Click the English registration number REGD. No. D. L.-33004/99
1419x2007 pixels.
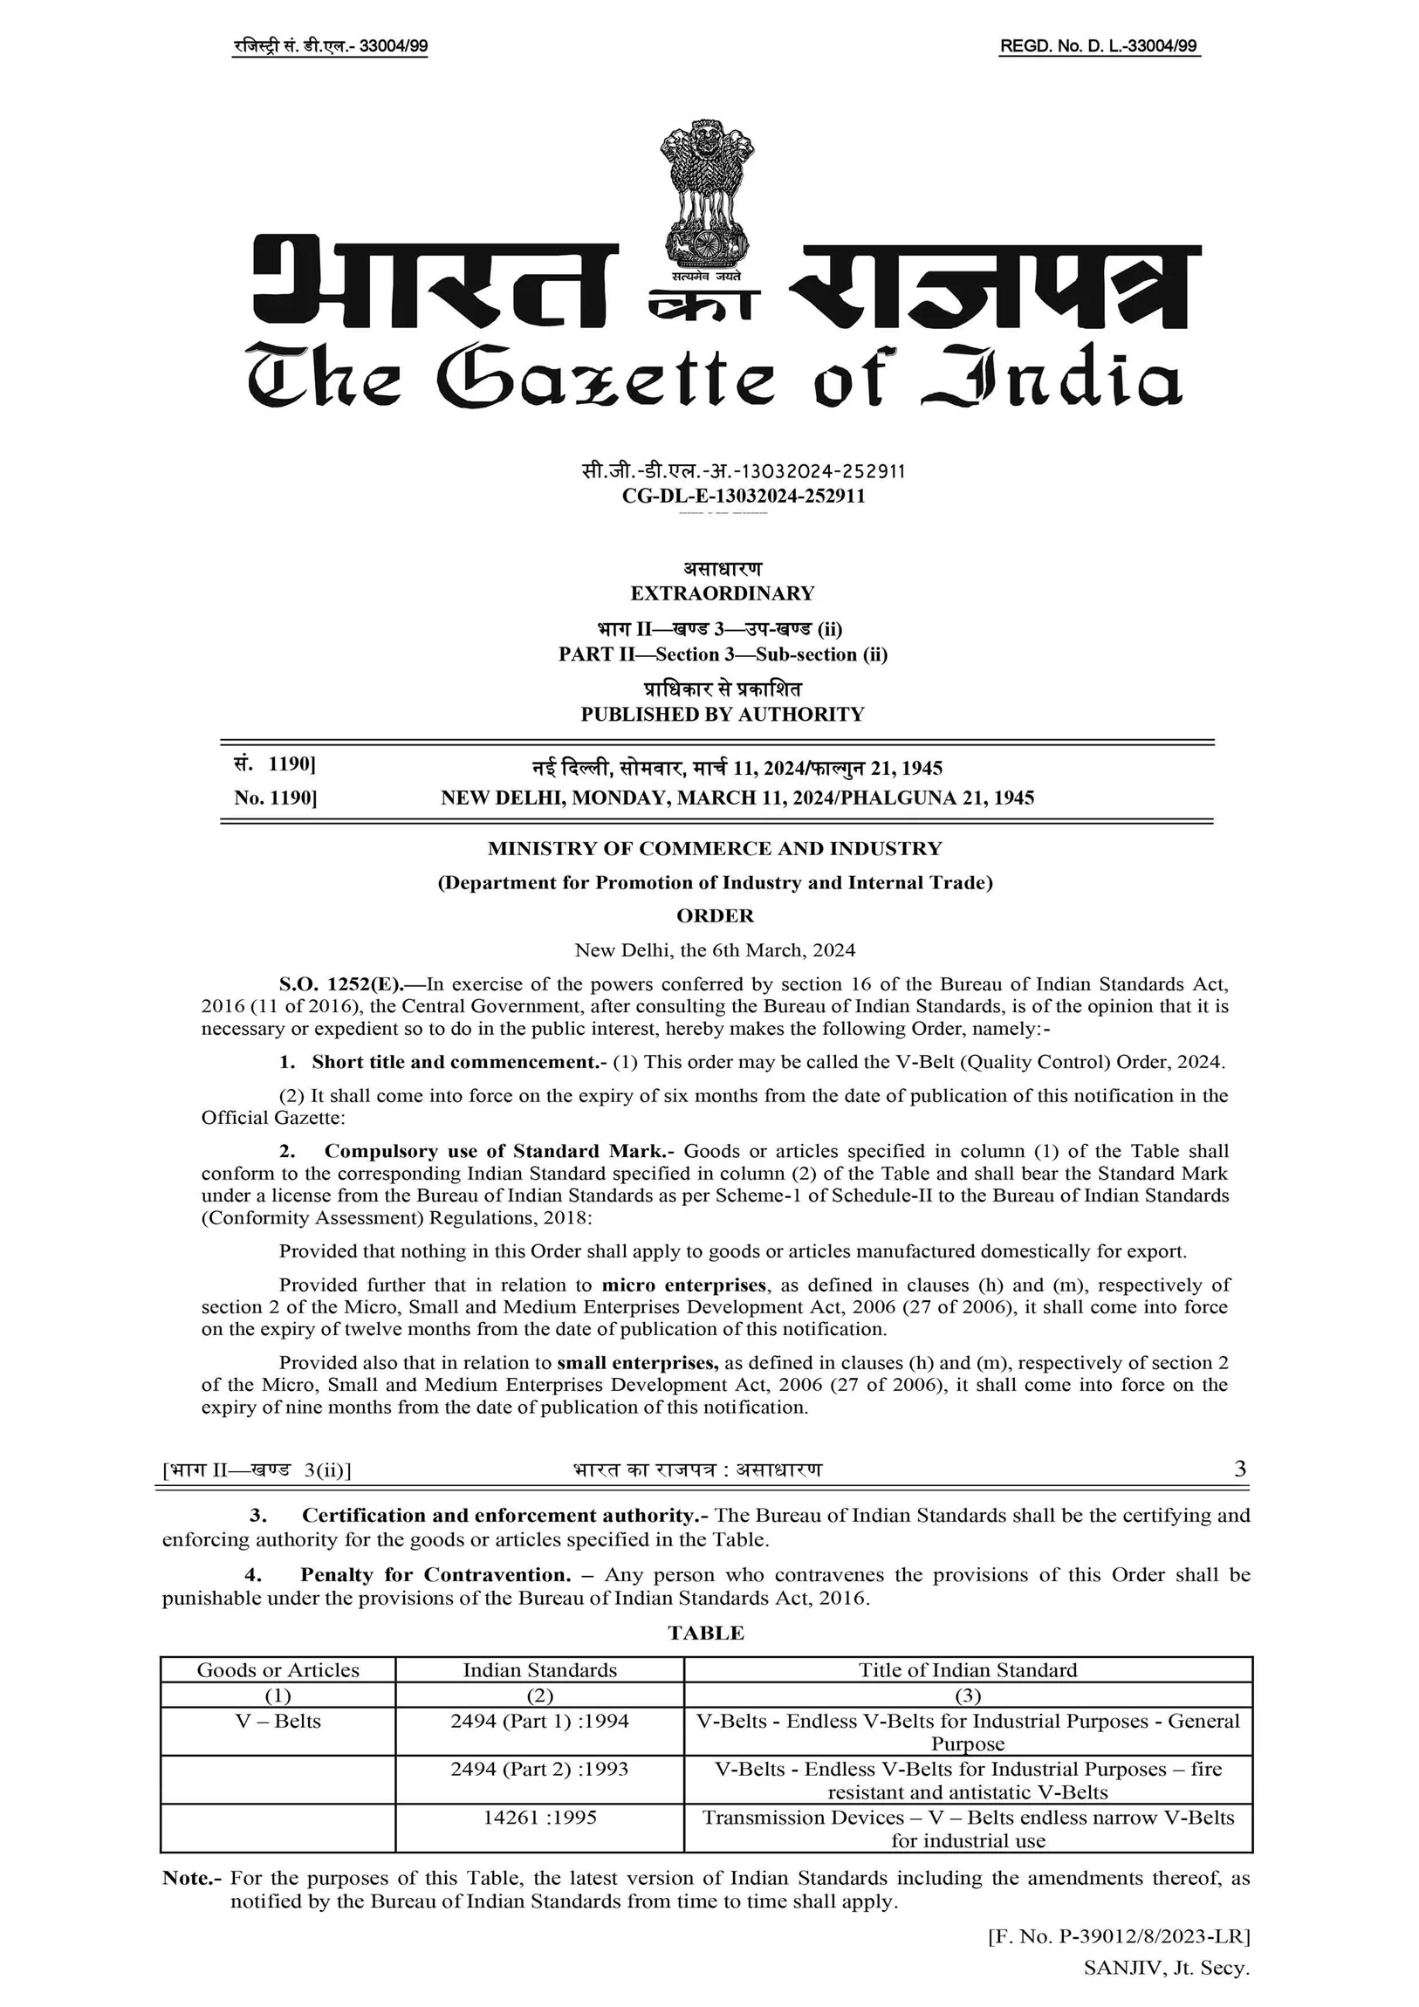tap(1099, 46)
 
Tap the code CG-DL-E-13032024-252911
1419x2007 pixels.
tap(744, 496)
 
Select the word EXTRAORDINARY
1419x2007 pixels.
tap(723, 593)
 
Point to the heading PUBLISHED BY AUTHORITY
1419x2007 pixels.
tap(723, 714)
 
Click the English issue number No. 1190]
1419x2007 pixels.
tap(276, 798)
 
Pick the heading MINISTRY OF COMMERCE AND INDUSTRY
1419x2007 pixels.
tap(716, 848)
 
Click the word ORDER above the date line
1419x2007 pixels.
tap(716, 915)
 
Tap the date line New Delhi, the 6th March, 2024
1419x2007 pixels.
tap(716, 950)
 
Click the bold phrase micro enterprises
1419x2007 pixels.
tap(683, 1285)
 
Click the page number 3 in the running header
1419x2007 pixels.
tap(1240, 1469)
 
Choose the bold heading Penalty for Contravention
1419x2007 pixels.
tap(435, 1574)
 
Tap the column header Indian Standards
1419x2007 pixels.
tap(539, 1669)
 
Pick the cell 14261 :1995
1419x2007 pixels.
tap(539, 1818)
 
